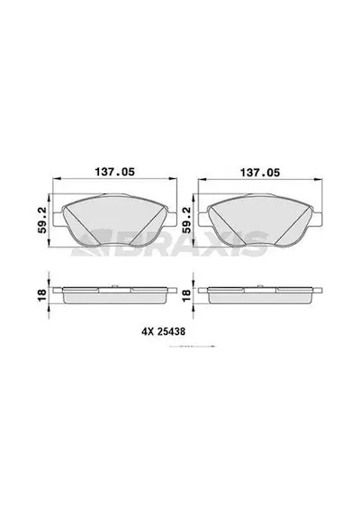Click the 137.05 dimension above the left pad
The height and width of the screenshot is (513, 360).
(x=114, y=172)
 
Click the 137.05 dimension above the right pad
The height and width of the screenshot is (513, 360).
(x=260, y=173)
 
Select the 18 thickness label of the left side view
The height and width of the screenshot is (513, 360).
(x=42, y=296)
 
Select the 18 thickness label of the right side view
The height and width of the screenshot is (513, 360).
(x=187, y=296)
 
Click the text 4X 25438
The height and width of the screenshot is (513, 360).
(x=163, y=332)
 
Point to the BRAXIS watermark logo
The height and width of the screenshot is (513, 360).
(x=170, y=243)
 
